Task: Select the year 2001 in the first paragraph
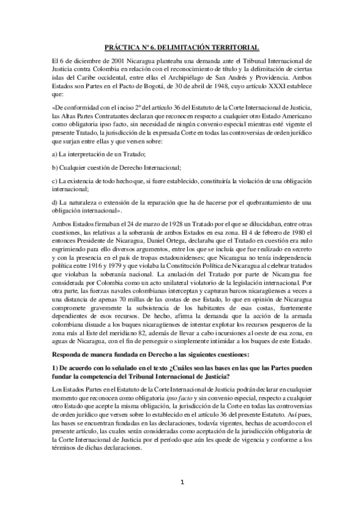click(x=102, y=61)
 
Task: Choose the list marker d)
click(x=57, y=201)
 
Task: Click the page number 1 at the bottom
click(x=182, y=483)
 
